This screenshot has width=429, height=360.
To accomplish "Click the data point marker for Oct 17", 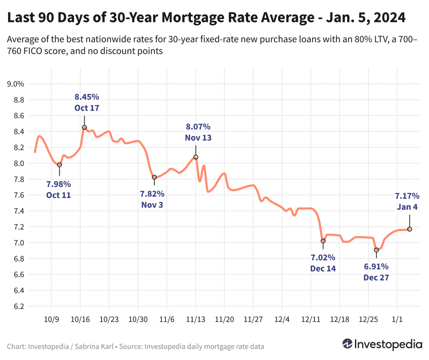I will (84, 127).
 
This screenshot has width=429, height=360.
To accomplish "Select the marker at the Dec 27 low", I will (376, 250).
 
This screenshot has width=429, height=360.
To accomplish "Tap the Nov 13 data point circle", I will (196, 157).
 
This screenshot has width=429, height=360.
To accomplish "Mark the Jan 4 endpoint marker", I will (410, 229).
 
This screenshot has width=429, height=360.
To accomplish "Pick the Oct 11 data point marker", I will (59, 165).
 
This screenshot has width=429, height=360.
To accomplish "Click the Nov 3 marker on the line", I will (154, 177).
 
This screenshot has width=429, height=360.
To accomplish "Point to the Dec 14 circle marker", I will (323, 241).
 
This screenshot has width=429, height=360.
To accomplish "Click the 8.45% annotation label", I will (87, 97).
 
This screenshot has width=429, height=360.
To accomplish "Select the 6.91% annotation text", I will (376, 267).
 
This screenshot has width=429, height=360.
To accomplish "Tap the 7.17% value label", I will (407, 196).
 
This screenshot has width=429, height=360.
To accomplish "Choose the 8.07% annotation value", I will (198, 127).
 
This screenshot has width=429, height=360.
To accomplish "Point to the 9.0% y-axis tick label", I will (16, 84).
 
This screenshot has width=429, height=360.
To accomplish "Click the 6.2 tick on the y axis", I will (19, 306).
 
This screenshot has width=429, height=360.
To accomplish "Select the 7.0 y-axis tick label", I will (19, 243).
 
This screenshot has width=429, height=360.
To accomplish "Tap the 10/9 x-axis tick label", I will (51, 319).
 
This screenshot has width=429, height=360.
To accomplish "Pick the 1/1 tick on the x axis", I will (397, 319).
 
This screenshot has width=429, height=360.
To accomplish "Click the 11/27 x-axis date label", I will (253, 319).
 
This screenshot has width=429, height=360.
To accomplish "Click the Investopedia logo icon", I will (347, 344).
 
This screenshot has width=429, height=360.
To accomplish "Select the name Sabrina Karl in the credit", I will (94, 347).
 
